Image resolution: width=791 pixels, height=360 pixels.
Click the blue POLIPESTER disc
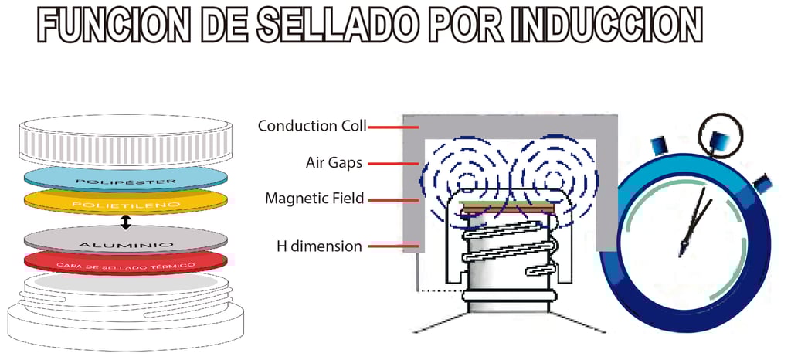tap(126, 178)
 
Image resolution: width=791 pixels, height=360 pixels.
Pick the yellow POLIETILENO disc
tap(126, 203)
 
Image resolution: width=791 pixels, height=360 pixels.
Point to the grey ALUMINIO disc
tap(126, 241)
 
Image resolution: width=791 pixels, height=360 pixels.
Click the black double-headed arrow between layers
tap(126, 222)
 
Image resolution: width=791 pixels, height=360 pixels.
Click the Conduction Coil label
tap(312, 126)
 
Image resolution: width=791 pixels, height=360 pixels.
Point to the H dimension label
tap(320, 246)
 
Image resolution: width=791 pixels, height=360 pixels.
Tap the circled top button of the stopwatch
tap(720, 136)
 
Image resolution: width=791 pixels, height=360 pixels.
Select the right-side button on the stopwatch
tap(763, 184)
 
